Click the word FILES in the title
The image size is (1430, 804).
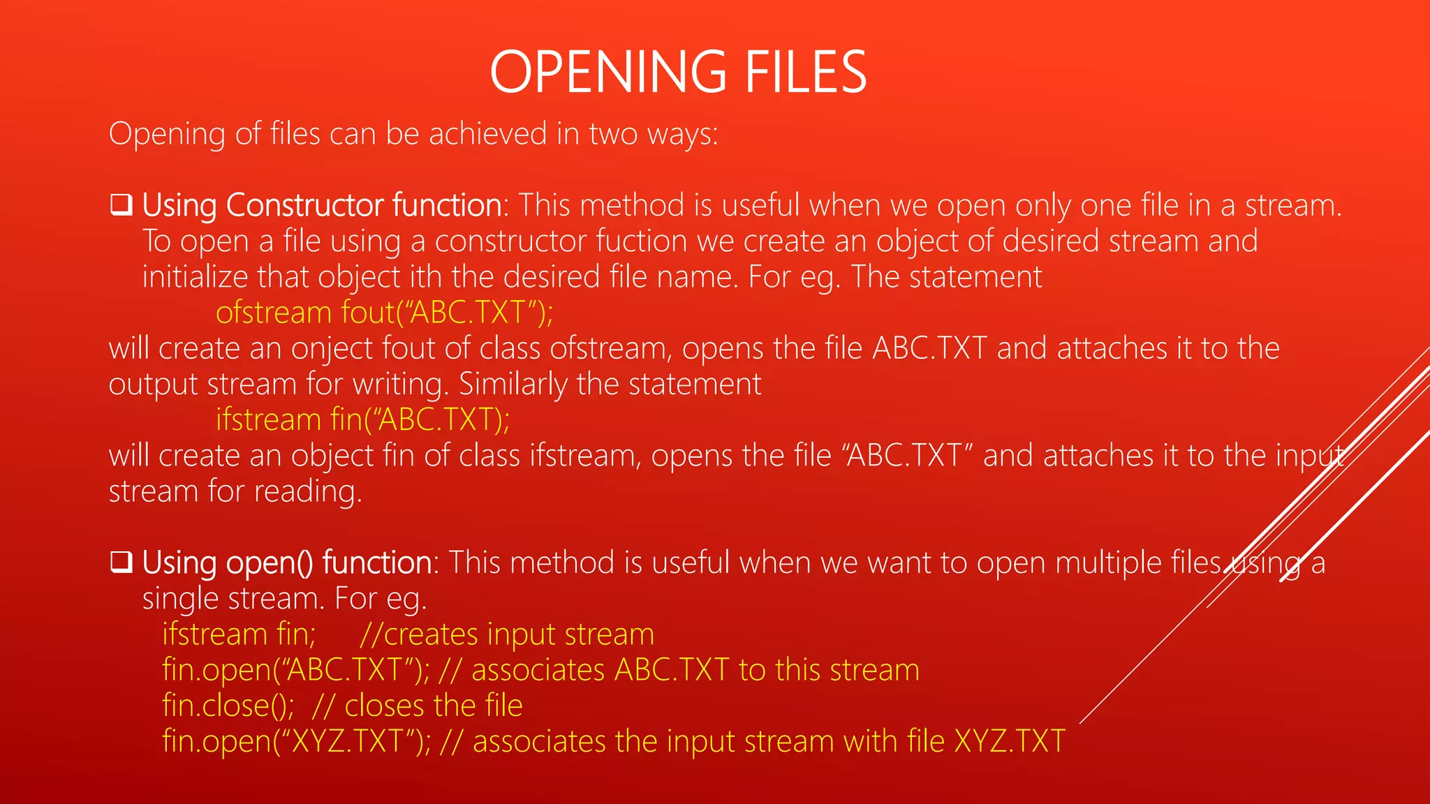806,72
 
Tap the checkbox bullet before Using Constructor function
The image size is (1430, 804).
121,205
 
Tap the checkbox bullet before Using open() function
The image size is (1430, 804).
121,563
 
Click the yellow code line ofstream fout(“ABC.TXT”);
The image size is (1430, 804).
384,313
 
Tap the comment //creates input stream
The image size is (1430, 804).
507,634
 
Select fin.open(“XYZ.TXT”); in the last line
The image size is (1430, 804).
296,741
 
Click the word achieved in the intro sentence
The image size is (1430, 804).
487,134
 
